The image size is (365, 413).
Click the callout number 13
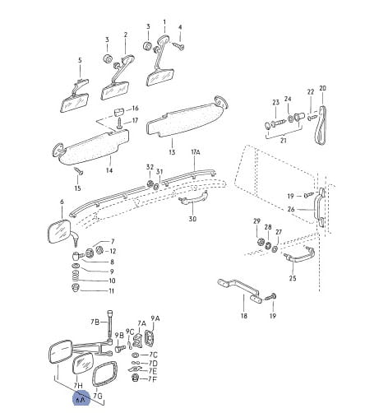172,151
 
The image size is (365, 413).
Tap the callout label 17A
196,152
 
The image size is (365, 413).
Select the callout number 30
192,219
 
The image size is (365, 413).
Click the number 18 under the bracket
243,316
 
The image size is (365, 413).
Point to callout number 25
293,278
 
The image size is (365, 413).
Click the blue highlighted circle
81,397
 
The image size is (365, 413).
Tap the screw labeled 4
178,45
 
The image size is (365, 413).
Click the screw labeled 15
78,171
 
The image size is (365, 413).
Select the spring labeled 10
76,276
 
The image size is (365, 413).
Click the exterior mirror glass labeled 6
58,231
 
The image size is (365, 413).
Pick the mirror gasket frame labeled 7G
105,374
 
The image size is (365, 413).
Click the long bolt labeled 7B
110,327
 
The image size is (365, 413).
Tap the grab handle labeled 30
193,198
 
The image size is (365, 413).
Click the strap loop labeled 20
321,126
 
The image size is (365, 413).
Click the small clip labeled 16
119,112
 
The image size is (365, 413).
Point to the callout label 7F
153,379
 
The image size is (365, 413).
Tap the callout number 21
284,141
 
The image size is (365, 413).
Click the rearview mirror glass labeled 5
74,103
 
